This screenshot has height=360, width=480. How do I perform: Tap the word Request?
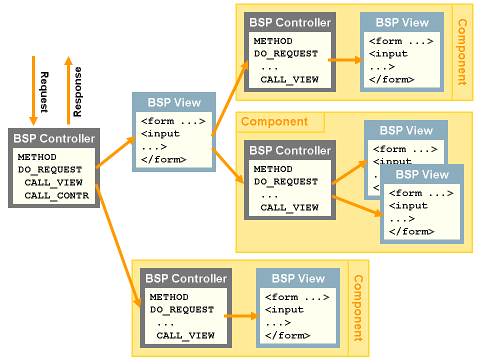point(44,92)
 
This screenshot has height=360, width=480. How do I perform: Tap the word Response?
point(77,92)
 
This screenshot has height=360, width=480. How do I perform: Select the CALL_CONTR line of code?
point(56,195)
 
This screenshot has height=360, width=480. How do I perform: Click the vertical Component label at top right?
point(462,52)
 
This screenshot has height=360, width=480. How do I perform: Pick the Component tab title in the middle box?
point(274,122)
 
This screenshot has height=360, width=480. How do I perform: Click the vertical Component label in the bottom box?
point(358,308)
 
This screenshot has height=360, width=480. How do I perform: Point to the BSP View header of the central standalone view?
point(174,103)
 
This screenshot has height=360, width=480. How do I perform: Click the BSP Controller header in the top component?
point(290,23)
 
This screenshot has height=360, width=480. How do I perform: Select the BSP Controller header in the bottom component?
point(186,279)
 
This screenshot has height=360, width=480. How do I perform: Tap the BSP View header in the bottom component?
point(298,279)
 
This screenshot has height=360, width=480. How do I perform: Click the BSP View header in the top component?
point(402,23)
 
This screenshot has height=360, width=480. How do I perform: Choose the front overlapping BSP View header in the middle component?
point(422,175)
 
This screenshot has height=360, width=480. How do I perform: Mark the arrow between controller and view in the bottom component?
point(242,316)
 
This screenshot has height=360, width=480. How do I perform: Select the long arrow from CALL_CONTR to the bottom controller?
point(117,245)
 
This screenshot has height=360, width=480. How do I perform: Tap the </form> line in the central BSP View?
point(163,160)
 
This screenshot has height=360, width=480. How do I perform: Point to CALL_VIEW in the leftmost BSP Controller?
point(53,182)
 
